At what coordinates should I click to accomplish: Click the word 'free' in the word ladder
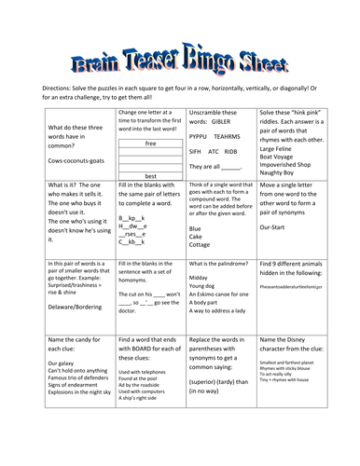[x=151, y=144]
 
